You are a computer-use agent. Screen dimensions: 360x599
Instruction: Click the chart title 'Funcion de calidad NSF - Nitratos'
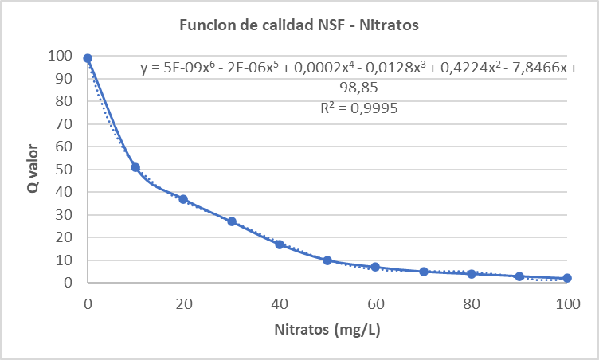pos(299,25)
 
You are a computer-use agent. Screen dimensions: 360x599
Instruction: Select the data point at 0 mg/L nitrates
pos(88,58)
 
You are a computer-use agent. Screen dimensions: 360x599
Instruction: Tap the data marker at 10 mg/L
pos(135,167)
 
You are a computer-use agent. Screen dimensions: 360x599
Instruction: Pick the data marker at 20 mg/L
pos(183,199)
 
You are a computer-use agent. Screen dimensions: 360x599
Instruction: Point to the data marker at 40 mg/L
pos(280,245)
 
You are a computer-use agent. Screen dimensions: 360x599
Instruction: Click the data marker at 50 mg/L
pos(327,260)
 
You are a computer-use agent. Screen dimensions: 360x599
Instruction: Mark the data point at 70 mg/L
pos(424,272)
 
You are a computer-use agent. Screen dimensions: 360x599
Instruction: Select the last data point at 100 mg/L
pos(567,278)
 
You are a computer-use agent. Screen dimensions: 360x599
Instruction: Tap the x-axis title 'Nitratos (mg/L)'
pos(327,328)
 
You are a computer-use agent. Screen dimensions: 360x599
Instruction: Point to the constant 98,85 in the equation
pos(358,88)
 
